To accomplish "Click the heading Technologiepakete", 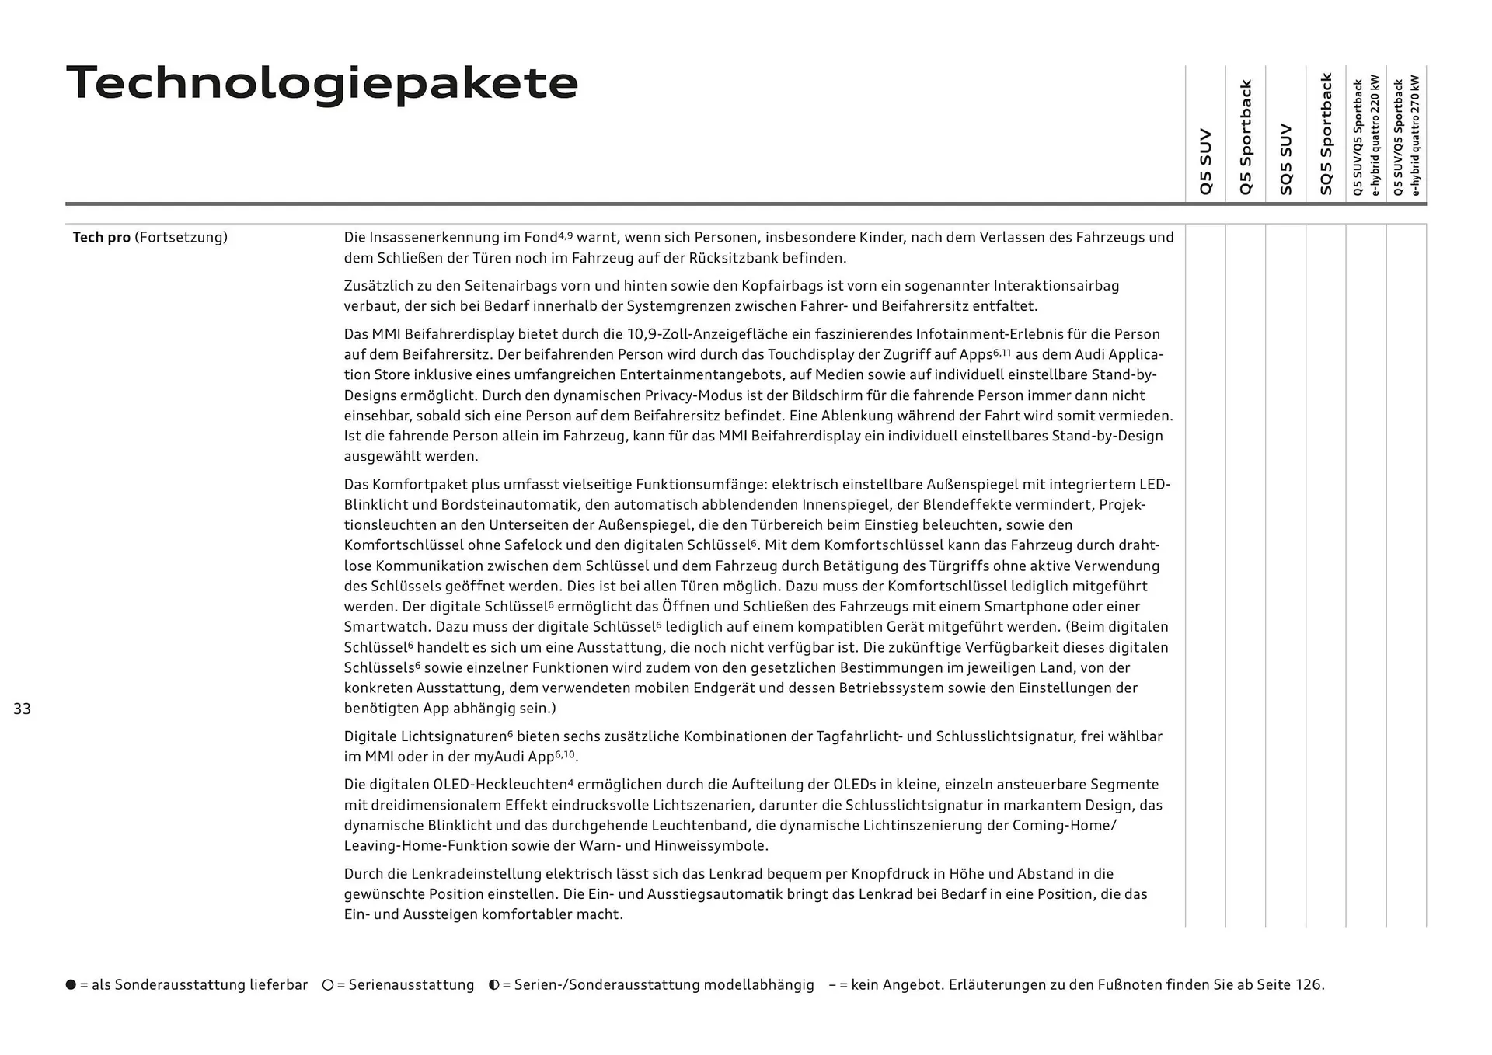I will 322,83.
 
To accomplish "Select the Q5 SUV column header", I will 1205,161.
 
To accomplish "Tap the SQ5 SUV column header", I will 1285,158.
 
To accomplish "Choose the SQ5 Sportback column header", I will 1326,134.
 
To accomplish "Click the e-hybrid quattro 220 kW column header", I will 1366,136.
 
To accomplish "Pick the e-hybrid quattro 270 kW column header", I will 1407,136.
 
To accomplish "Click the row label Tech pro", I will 101,237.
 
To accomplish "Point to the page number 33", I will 22,709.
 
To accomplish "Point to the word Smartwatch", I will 386,627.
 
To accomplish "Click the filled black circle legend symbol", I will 71,985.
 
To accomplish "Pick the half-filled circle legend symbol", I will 494,985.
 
